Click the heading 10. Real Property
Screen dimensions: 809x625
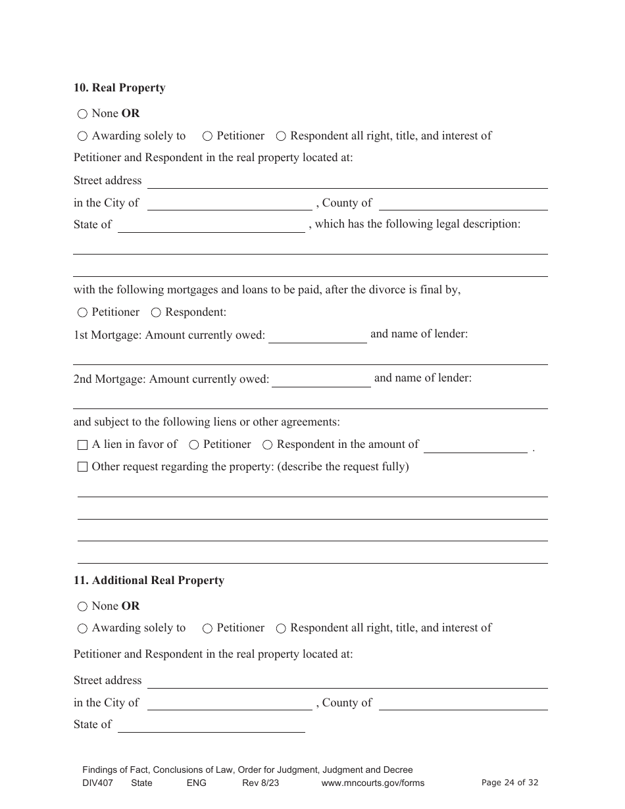tap(119, 88)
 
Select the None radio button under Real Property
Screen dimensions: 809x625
tap(82, 114)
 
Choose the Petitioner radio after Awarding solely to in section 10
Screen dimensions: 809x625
tap(207, 136)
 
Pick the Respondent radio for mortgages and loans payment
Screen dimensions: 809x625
tap(156, 312)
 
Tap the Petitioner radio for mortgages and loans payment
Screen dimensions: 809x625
tap(82, 312)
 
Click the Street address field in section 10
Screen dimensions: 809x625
tap(347, 182)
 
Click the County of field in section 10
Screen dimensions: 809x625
tap(463, 204)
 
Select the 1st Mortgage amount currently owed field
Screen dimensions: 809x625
tap(317, 336)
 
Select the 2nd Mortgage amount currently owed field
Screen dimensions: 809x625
tap(321, 380)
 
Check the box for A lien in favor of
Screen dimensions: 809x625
tap(82, 445)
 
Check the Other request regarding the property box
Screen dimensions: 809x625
tap(82, 467)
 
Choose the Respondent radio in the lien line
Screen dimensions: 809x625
tap(267, 445)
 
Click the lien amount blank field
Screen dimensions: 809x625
tap(475, 446)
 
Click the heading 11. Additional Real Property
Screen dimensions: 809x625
tap(149, 580)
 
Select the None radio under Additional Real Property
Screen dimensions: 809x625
tap(82, 606)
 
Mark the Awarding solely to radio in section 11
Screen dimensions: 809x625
tap(82, 629)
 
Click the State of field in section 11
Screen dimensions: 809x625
tap(211, 725)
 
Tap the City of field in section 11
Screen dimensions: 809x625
tap(229, 704)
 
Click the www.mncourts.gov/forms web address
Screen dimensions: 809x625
tap(372, 783)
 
